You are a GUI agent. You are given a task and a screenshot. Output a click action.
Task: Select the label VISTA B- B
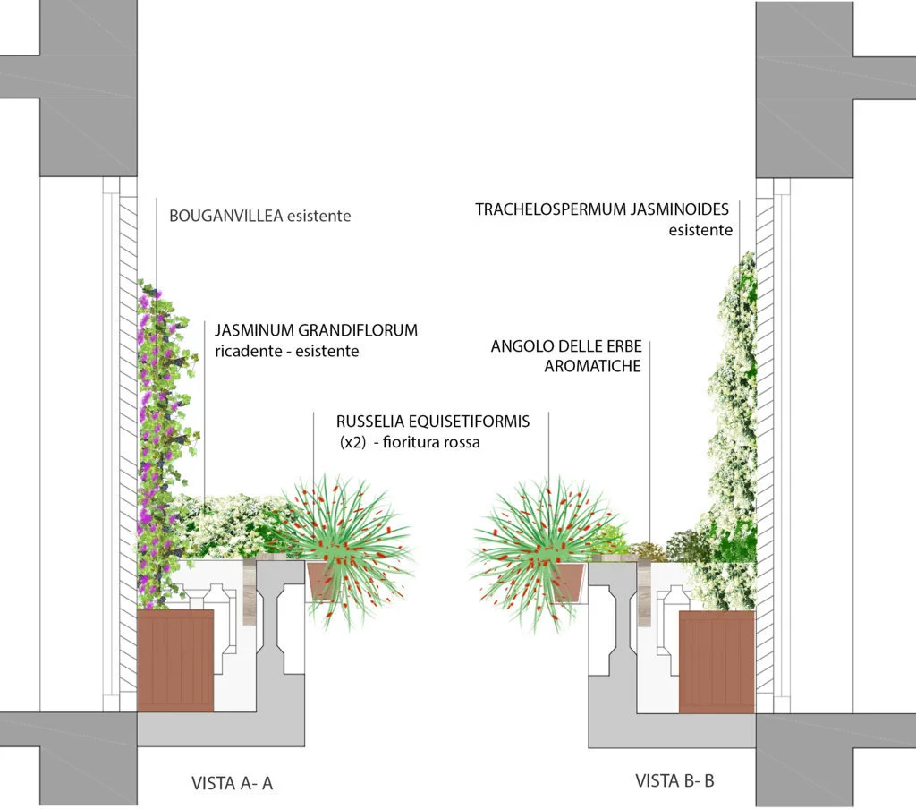pyautogui.click(x=674, y=780)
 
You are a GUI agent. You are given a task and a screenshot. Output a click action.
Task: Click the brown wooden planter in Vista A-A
pyautogui.click(x=175, y=660)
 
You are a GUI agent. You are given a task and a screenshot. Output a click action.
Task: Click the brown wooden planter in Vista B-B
pyautogui.click(x=717, y=661)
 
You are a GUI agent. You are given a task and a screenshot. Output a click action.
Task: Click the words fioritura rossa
pyautogui.click(x=430, y=441)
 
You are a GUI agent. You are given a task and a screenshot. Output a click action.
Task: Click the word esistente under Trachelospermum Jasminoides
pyautogui.click(x=700, y=230)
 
